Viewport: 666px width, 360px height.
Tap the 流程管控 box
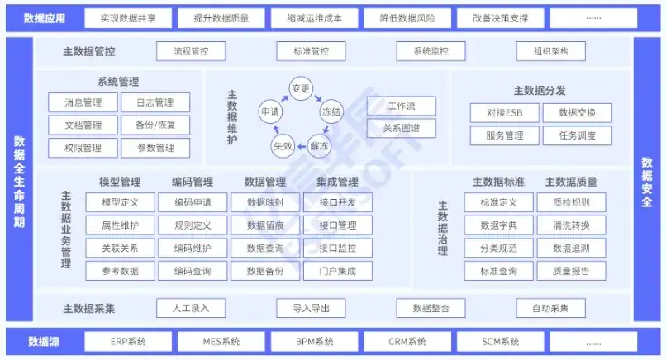[x=191, y=51]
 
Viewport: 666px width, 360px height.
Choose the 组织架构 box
[x=551, y=51]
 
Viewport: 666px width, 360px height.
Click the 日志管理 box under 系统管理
[x=155, y=103]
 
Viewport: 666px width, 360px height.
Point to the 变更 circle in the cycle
[x=300, y=88]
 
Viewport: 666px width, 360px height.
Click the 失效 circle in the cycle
[x=283, y=145]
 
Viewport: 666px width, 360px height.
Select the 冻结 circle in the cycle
[x=331, y=111]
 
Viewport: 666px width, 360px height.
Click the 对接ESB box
[x=503, y=113]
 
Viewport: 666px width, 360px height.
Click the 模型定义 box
[x=120, y=202]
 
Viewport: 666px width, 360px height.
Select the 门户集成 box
[x=337, y=270]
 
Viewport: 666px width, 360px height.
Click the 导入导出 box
[x=312, y=308]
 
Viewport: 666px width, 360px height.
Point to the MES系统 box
[x=221, y=341]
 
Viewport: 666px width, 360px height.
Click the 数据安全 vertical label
[x=648, y=181]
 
